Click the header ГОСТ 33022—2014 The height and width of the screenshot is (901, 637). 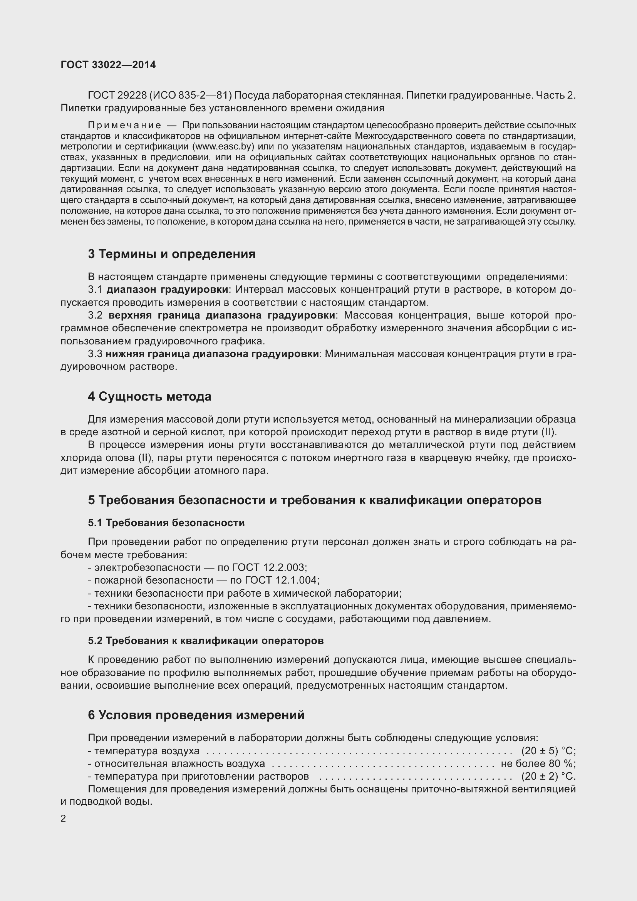tap(108, 65)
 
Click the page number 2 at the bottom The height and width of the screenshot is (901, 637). tap(64, 818)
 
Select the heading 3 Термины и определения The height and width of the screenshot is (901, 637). tap(171, 254)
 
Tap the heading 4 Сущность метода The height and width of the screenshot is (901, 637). tap(149, 396)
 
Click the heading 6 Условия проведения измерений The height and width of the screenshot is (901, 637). tap(196, 715)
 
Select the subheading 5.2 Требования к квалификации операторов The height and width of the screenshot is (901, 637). tap(206, 641)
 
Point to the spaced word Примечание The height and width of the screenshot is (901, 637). tap(124, 126)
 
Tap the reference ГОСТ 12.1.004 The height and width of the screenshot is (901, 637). tap(281, 580)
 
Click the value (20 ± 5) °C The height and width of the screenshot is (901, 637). tap(548, 751)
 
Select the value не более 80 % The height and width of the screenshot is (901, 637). tap(538, 763)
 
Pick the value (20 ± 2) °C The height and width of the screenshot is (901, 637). tap(548, 776)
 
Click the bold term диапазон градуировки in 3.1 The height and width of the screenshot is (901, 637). tap(168, 290)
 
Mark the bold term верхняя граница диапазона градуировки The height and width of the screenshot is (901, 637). tap(222, 315)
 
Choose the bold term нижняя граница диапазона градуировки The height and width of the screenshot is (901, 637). tap(212, 354)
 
